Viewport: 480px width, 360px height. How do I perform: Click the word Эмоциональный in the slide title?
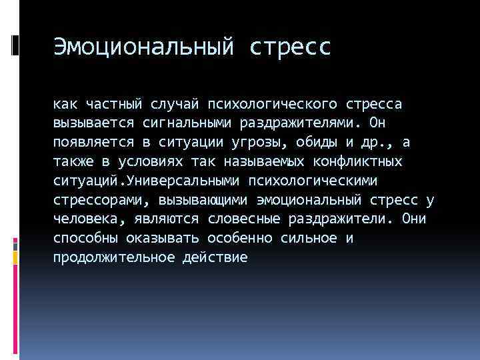(143, 47)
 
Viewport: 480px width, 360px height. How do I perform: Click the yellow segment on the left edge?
(15, 255)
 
